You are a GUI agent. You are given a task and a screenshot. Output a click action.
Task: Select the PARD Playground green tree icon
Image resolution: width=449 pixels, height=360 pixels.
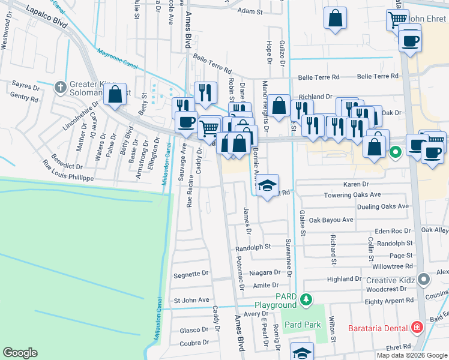click(x=306, y=299)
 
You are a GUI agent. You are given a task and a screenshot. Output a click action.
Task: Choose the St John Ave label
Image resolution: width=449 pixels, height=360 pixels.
click(x=191, y=299)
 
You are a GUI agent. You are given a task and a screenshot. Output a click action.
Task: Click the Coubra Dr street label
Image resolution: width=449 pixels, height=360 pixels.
click(x=193, y=343)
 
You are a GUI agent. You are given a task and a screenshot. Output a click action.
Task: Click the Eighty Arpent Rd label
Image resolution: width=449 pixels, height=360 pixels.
click(x=390, y=300)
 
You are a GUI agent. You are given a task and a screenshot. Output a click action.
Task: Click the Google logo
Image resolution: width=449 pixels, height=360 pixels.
click(x=20, y=353)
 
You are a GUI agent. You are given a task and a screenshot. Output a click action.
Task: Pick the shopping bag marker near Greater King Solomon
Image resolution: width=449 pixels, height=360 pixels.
click(x=114, y=94)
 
